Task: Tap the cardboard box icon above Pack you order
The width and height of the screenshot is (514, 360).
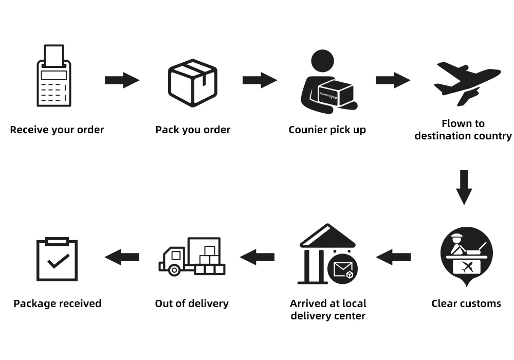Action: tap(193, 83)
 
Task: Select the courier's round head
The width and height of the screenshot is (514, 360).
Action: tap(322, 61)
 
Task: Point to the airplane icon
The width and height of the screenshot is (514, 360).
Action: tap(467, 84)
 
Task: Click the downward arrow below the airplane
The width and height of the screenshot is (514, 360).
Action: tap(464, 188)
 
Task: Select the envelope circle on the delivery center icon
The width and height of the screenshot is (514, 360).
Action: tap(342, 269)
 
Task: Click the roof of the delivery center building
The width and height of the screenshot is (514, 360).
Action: tap(327, 236)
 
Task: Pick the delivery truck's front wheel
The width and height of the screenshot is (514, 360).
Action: tap(174, 270)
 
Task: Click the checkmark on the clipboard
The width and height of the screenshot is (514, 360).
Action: tap(59, 261)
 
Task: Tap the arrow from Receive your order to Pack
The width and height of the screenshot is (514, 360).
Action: tap(122, 80)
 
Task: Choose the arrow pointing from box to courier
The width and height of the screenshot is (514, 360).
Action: tap(260, 80)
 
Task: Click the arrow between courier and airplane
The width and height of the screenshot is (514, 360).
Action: tap(393, 80)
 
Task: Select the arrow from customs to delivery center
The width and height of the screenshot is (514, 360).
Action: tap(393, 257)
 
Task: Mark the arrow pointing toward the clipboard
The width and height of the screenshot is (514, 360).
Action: tap(122, 257)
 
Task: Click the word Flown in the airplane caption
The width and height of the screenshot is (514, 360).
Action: tap(452, 123)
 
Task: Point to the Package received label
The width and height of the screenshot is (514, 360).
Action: tap(58, 303)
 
